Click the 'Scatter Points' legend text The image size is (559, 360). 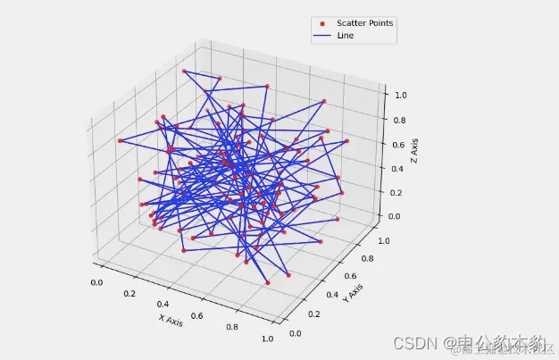click(364, 23)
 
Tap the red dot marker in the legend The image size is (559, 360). click(322, 23)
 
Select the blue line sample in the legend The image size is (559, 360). click(322, 36)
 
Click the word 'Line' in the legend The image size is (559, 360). click(346, 36)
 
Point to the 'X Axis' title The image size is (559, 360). click(171, 319)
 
